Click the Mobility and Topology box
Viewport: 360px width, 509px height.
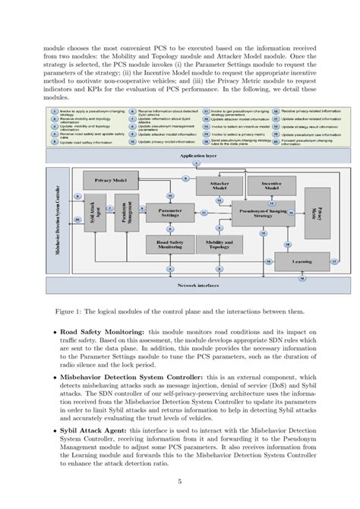(x=214, y=243)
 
